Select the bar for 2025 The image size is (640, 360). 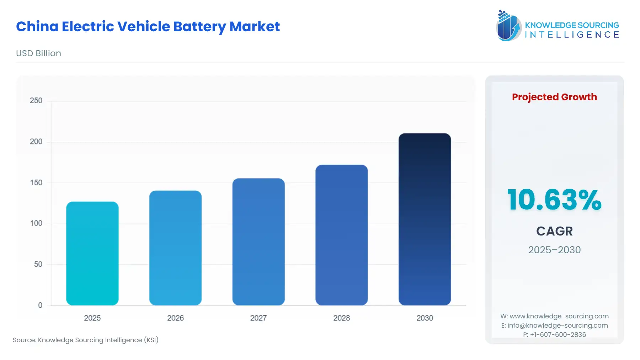[92, 253]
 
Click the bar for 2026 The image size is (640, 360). [175, 248]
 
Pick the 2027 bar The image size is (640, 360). [258, 242]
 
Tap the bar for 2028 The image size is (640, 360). [341, 235]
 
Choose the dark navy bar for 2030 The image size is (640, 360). [425, 219]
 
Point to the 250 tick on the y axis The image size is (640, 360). [36, 101]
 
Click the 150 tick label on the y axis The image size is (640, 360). [36, 182]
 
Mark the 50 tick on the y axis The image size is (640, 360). [38, 264]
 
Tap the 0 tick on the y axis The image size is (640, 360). [40, 305]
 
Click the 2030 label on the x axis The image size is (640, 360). [425, 318]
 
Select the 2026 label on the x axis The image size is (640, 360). [175, 318]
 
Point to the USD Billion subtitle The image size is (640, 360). [38, 53]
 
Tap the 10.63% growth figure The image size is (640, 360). [554, 200]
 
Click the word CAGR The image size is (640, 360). [554, 231]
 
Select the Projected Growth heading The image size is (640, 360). [554, 97]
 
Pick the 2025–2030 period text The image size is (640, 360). [554, 250]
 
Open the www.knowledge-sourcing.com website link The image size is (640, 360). [559, 316]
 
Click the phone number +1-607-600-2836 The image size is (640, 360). [558, 335]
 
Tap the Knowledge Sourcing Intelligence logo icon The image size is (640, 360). [508, 26]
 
